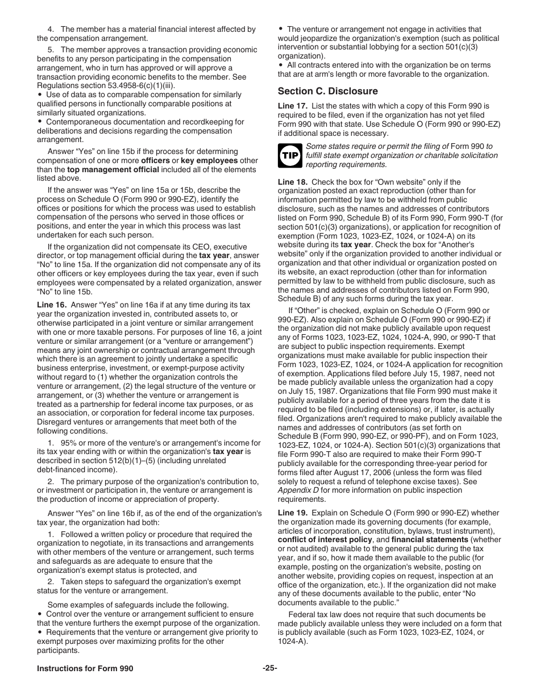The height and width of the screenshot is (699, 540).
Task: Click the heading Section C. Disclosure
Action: click(327, 91)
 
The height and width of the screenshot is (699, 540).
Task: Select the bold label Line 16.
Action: click(52, 305)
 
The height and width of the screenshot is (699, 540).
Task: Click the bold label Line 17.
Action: click(292, 106)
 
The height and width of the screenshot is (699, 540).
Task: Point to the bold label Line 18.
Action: click(292, 182)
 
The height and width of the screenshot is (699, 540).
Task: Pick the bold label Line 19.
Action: click(292, 513)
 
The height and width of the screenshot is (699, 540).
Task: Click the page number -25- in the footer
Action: click(269, 668)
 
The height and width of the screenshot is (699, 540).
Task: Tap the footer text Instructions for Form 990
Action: click(85, 668)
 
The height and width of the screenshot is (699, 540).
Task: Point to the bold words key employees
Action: click(206, 160)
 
